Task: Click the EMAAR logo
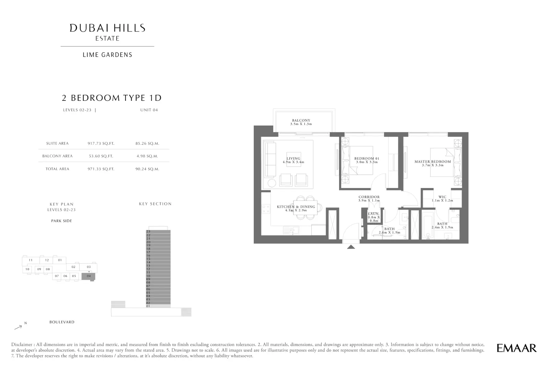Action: [517, 348]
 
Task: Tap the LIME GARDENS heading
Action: [108, 55]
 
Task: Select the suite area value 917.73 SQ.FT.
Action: [101, 143]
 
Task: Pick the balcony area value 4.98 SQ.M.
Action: [147, 156]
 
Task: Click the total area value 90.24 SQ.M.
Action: [147, 169]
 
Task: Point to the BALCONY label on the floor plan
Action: [301, 120]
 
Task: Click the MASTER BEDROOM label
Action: [433, 162]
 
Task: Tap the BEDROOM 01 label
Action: [367, 158]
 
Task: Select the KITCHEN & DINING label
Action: [296, 206]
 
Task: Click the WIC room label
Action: [442, 197]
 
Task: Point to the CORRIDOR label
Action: [369, 197]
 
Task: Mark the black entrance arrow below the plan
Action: [351, 247]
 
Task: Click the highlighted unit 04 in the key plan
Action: [88, 276]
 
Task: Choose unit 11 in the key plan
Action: [31, 260]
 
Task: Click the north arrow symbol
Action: [18, 327]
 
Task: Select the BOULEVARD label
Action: [62, 322]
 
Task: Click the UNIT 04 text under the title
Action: [149, 110]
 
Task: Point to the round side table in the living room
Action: [272, 183]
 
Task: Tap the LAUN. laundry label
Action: [374, 214]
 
